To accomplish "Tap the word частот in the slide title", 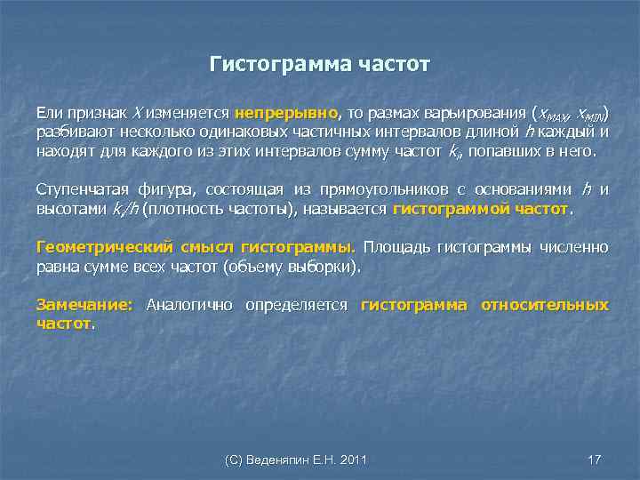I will (392, 65).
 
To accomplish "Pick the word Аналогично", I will (189, 305).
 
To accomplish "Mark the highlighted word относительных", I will (544, 305).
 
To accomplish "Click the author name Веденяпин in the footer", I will (285, 460).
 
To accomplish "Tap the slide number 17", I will (595, 460).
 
